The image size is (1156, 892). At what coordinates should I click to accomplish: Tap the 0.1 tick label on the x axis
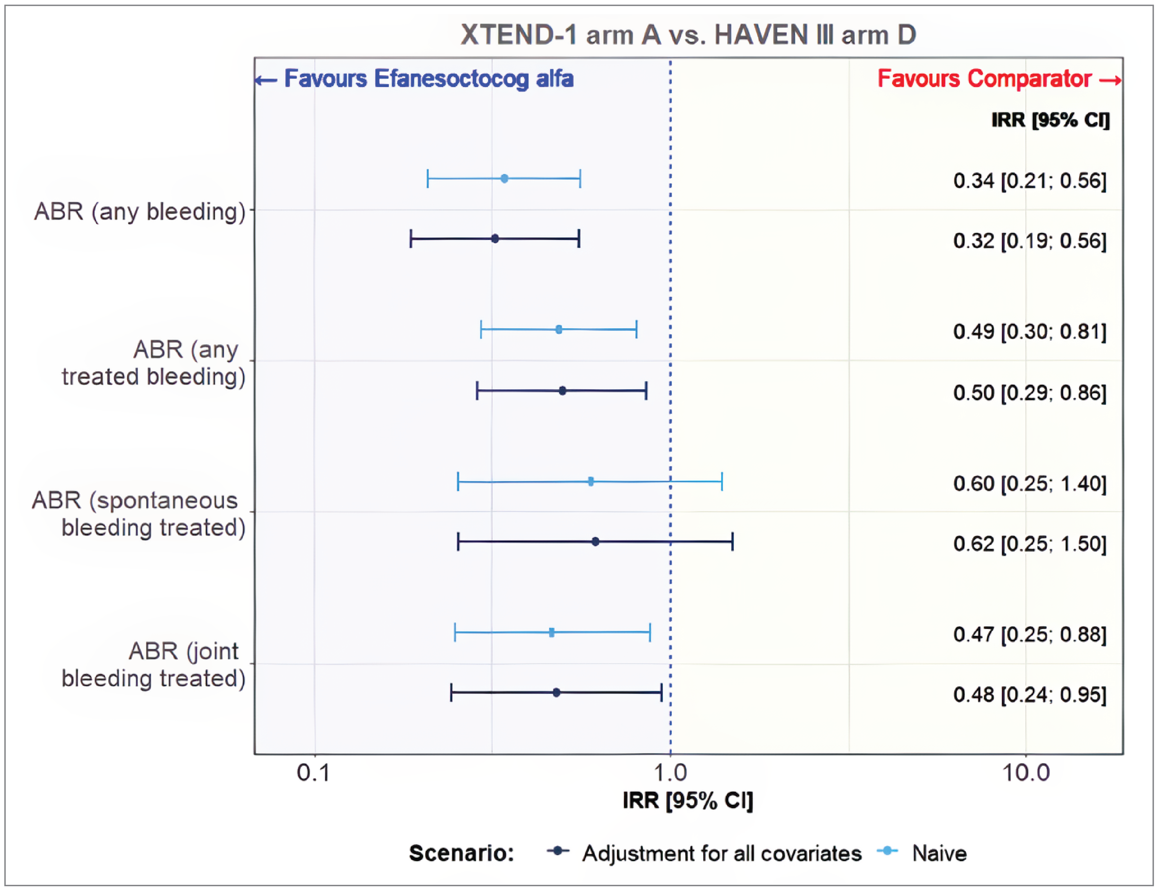313,773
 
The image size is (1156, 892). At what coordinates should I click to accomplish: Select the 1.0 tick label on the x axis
670,773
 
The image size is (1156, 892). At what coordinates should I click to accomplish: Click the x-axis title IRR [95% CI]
687,800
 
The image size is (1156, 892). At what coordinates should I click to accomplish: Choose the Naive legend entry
939,853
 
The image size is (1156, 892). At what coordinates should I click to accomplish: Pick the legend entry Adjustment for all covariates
722,853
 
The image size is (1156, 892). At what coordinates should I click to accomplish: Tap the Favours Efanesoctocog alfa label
428,79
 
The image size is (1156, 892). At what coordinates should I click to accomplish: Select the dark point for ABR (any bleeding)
495,239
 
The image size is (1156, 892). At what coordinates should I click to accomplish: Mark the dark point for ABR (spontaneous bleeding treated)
595,542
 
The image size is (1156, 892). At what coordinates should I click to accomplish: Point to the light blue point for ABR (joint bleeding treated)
552,632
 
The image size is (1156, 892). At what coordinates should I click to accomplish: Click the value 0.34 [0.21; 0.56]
1029,181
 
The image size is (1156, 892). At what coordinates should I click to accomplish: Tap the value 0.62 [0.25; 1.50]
1029,544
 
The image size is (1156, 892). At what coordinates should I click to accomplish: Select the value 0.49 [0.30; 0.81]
1029,332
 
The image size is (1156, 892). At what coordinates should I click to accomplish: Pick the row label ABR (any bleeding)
140,211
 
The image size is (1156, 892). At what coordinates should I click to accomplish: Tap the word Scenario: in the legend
461,853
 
